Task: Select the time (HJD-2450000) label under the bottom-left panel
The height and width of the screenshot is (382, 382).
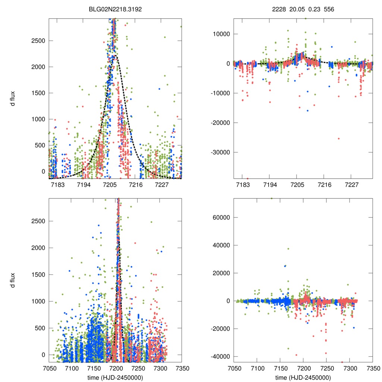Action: [x=115, y=378]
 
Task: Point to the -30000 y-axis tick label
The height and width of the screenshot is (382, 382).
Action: [x=219, y=152]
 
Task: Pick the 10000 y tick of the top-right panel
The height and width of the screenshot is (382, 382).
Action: [x=220, y=34]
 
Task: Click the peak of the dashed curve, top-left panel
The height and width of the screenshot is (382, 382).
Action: [x=115, y=56]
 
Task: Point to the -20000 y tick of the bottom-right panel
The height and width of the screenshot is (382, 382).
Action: [x=219, y=329]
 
